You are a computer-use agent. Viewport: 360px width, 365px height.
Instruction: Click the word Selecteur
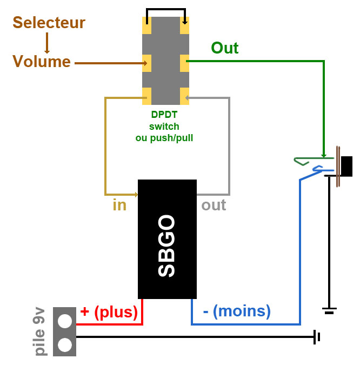click(49, 23)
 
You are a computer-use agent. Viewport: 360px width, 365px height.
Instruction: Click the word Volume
click(42, 61)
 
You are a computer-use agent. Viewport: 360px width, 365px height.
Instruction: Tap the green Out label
click(225, 48)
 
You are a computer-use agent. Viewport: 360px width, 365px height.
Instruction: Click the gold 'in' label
click(119, 205)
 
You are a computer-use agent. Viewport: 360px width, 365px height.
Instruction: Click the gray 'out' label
click(214, 205)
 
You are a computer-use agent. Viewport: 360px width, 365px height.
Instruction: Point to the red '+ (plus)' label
click(109, 311)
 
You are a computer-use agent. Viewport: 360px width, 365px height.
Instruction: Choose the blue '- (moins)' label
click(236, 311)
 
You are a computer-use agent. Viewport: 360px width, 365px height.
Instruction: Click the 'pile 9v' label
click(39, 331)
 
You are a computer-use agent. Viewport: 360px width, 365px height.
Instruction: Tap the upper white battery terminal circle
click(65, 321)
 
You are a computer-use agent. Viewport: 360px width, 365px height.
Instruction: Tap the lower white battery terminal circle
click(65, 344)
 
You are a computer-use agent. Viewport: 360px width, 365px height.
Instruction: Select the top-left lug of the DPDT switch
click(146, 23)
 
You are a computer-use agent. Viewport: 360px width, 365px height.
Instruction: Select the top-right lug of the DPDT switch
click(184, 23)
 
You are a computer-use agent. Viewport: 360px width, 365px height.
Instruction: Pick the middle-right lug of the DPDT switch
click(184, 63)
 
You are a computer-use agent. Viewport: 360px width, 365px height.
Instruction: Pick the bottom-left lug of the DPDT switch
click(146, 96)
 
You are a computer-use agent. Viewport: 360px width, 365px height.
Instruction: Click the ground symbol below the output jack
click(329, 310)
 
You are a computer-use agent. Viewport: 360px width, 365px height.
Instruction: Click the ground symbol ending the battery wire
click(317, 337)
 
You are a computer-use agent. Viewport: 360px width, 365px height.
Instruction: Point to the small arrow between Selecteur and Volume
click(48, 42)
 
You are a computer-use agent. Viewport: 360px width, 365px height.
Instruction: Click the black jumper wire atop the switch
click(166, 9)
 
